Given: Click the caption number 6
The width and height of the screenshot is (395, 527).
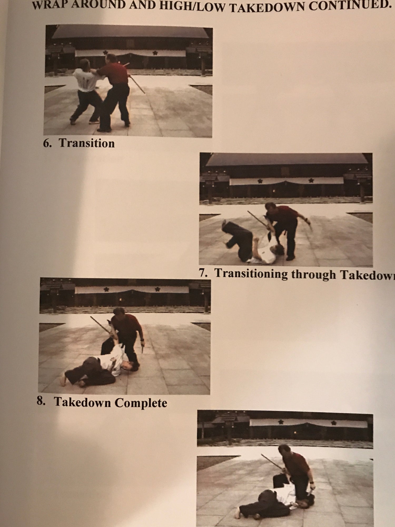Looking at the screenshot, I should point(47,143).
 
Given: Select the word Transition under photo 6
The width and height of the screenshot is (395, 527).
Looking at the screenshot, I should point(87,143).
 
